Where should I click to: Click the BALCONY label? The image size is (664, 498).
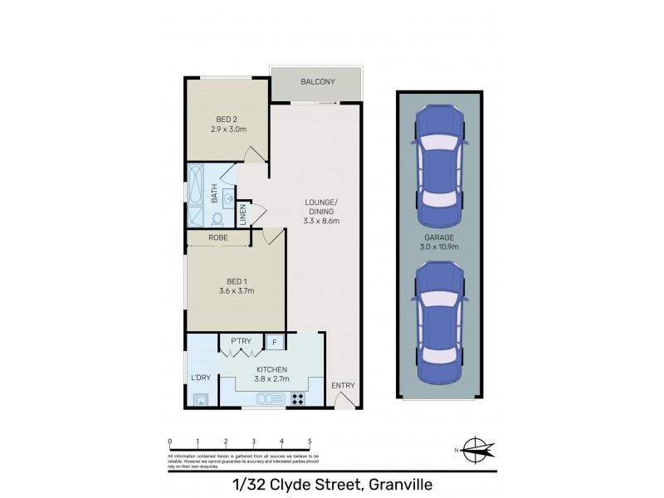pos(318,81)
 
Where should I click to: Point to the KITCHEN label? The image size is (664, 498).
pos(271,369)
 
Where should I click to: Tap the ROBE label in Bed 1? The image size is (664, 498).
pos(218,237)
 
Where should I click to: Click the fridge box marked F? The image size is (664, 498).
pos(274,341)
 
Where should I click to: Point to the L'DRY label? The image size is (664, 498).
pos(200,378)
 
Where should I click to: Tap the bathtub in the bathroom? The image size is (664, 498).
pos(195,196)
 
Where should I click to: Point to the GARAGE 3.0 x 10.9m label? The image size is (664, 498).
pos(437,242)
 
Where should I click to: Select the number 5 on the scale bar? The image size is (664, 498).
pos(310,442)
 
